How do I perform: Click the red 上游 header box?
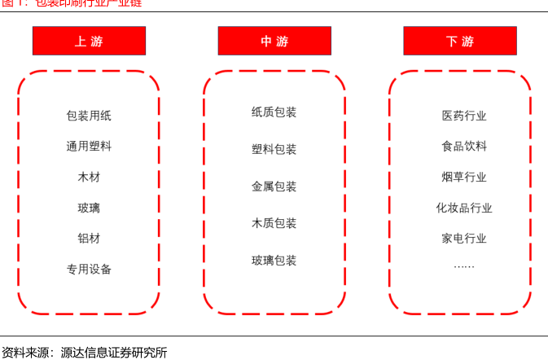point(89,41)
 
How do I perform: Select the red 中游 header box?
point(274,41)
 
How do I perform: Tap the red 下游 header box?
point(460,41)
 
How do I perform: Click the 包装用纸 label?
point(89,116)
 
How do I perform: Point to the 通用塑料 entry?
point(89,147)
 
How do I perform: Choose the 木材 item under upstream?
point(89,177)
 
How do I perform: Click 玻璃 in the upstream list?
point(89,208)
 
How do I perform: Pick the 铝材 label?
point(89,239)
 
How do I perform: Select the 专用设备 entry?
point(89,269)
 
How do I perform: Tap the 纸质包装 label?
point(274,112)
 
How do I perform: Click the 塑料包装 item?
point(274,149)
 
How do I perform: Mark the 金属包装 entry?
point(274,187)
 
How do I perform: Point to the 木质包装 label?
point(274,223)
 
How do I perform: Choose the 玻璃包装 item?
point(274,261)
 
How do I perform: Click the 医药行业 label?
point(464,116)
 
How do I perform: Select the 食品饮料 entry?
point(464,147)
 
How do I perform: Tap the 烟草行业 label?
point(464,177)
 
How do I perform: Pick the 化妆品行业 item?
point(464,208)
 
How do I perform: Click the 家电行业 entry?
point(464,239)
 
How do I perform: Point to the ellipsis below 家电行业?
point(464,266)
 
